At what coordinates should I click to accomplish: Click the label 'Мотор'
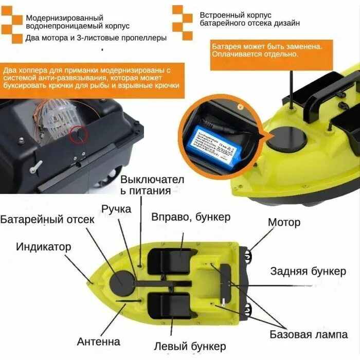(284, 223)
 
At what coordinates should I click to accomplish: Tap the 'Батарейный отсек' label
(47, 220)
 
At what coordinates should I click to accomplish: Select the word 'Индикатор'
(43, 246)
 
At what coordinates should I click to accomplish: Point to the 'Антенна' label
(99, 341)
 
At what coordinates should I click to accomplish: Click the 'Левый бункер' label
(190, 346)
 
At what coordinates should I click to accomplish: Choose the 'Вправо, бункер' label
(191, 217)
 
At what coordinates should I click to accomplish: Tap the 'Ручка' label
(116, 209)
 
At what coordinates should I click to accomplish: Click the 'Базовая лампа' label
(309, 335)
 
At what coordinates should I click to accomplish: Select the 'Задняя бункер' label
(308, 272)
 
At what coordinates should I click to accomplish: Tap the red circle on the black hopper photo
(78, 133)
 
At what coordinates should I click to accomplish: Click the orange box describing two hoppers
(92, 78)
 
